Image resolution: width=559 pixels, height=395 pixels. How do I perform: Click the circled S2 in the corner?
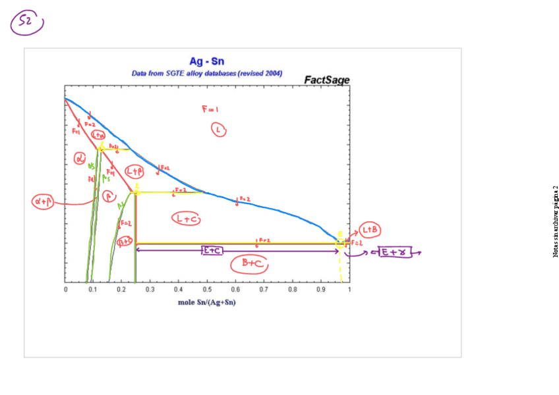pos(26,23)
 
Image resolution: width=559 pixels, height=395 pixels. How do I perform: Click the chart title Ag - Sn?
pos(207,62)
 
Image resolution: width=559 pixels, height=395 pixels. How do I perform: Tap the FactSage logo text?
pos(326,80)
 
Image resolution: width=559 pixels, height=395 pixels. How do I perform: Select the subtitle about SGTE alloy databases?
pos(207,73)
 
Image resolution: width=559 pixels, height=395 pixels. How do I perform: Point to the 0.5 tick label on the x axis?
pos(206,289)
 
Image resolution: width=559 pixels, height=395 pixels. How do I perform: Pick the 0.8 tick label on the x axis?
pos(292,289)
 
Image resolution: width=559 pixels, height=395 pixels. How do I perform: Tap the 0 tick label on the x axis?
pos(65,289)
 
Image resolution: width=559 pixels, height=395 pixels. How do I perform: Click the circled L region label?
pos(218,130)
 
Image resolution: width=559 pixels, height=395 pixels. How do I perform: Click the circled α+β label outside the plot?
pos(43,202)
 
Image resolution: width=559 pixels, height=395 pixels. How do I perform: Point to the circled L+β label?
pos(134,172)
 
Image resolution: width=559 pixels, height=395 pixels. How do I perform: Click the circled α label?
pos(80,158)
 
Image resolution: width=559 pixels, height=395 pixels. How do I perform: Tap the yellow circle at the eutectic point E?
pos(341,242)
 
